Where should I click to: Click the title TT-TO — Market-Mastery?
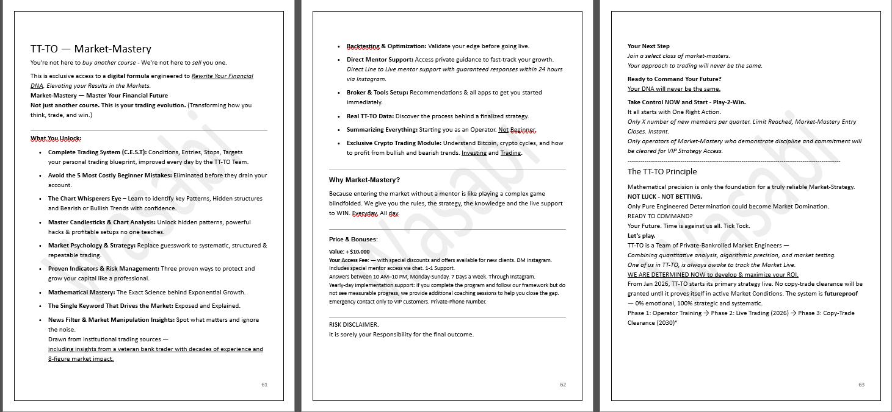(90, 49)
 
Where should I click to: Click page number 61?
(264, 385)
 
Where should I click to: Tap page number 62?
(563, 385)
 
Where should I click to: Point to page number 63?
(861, 385)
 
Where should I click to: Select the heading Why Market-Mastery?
(364, 180)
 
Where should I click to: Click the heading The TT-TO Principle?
(662, 171)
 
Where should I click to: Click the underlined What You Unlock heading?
(56, 138)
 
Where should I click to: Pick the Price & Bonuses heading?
(353, 239)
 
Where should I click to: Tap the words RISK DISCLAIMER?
(354, 324)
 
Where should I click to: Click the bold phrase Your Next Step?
(648, 46)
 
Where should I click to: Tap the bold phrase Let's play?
(641, 235)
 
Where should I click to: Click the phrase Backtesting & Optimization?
(386, 46)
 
